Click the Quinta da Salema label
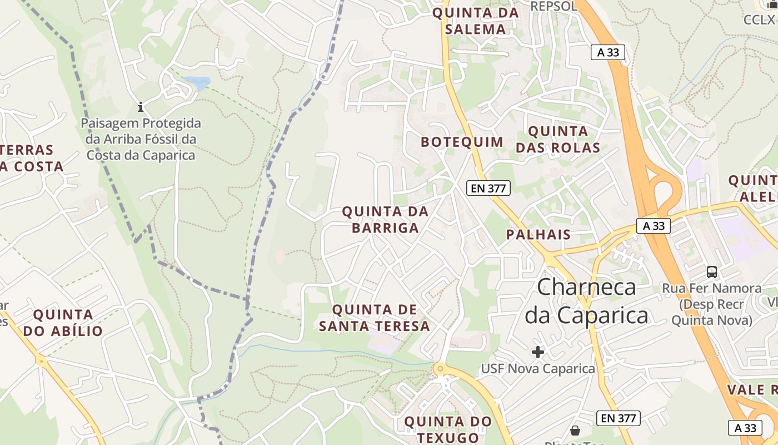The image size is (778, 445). pyautogui.click(x=476, y=21)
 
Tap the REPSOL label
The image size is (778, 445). pyautogui.click(x=554, y=6)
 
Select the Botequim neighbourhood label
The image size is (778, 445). pyautogui.click(x=462, y=142)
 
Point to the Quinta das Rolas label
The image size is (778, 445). pyautogui.click(x=558, y=140)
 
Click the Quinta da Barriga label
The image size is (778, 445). pyautogui.click(x=385, y=220)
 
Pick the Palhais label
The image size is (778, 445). pyautogui.click(x=538, y=234)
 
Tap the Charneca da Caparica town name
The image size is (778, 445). pyautogui.click(x=587, y=301)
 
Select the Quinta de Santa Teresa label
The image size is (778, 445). pyautogui.click(x=375, y=318)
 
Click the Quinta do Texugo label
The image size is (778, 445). pyautogui.click(x=448, y=429)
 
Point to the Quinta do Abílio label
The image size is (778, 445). pyautogui.click(x=63, y=323)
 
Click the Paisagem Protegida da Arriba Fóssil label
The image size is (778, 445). pyautogui.click(x=141, y=139)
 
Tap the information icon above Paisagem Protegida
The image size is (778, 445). pyautogui.click(x=141, y=106)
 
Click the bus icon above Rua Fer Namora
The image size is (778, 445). pyautogui.click(x=712, y=272)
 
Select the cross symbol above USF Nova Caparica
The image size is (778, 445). pyautogui.click(x=537, y=352)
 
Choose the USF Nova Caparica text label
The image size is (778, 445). pyautogui.click(x=537, y=368)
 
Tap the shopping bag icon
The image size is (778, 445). pyautogui.click(x=575, y=430)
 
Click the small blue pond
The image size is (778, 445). pyautogui.click(x=198, y=83)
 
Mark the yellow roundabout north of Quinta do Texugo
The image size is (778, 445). pyautogui.click(x=440, y=368)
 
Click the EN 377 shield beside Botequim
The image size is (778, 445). pyautogui.click(x=488, y=188)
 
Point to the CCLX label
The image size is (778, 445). pyautogui.click(x=759, y=19)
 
